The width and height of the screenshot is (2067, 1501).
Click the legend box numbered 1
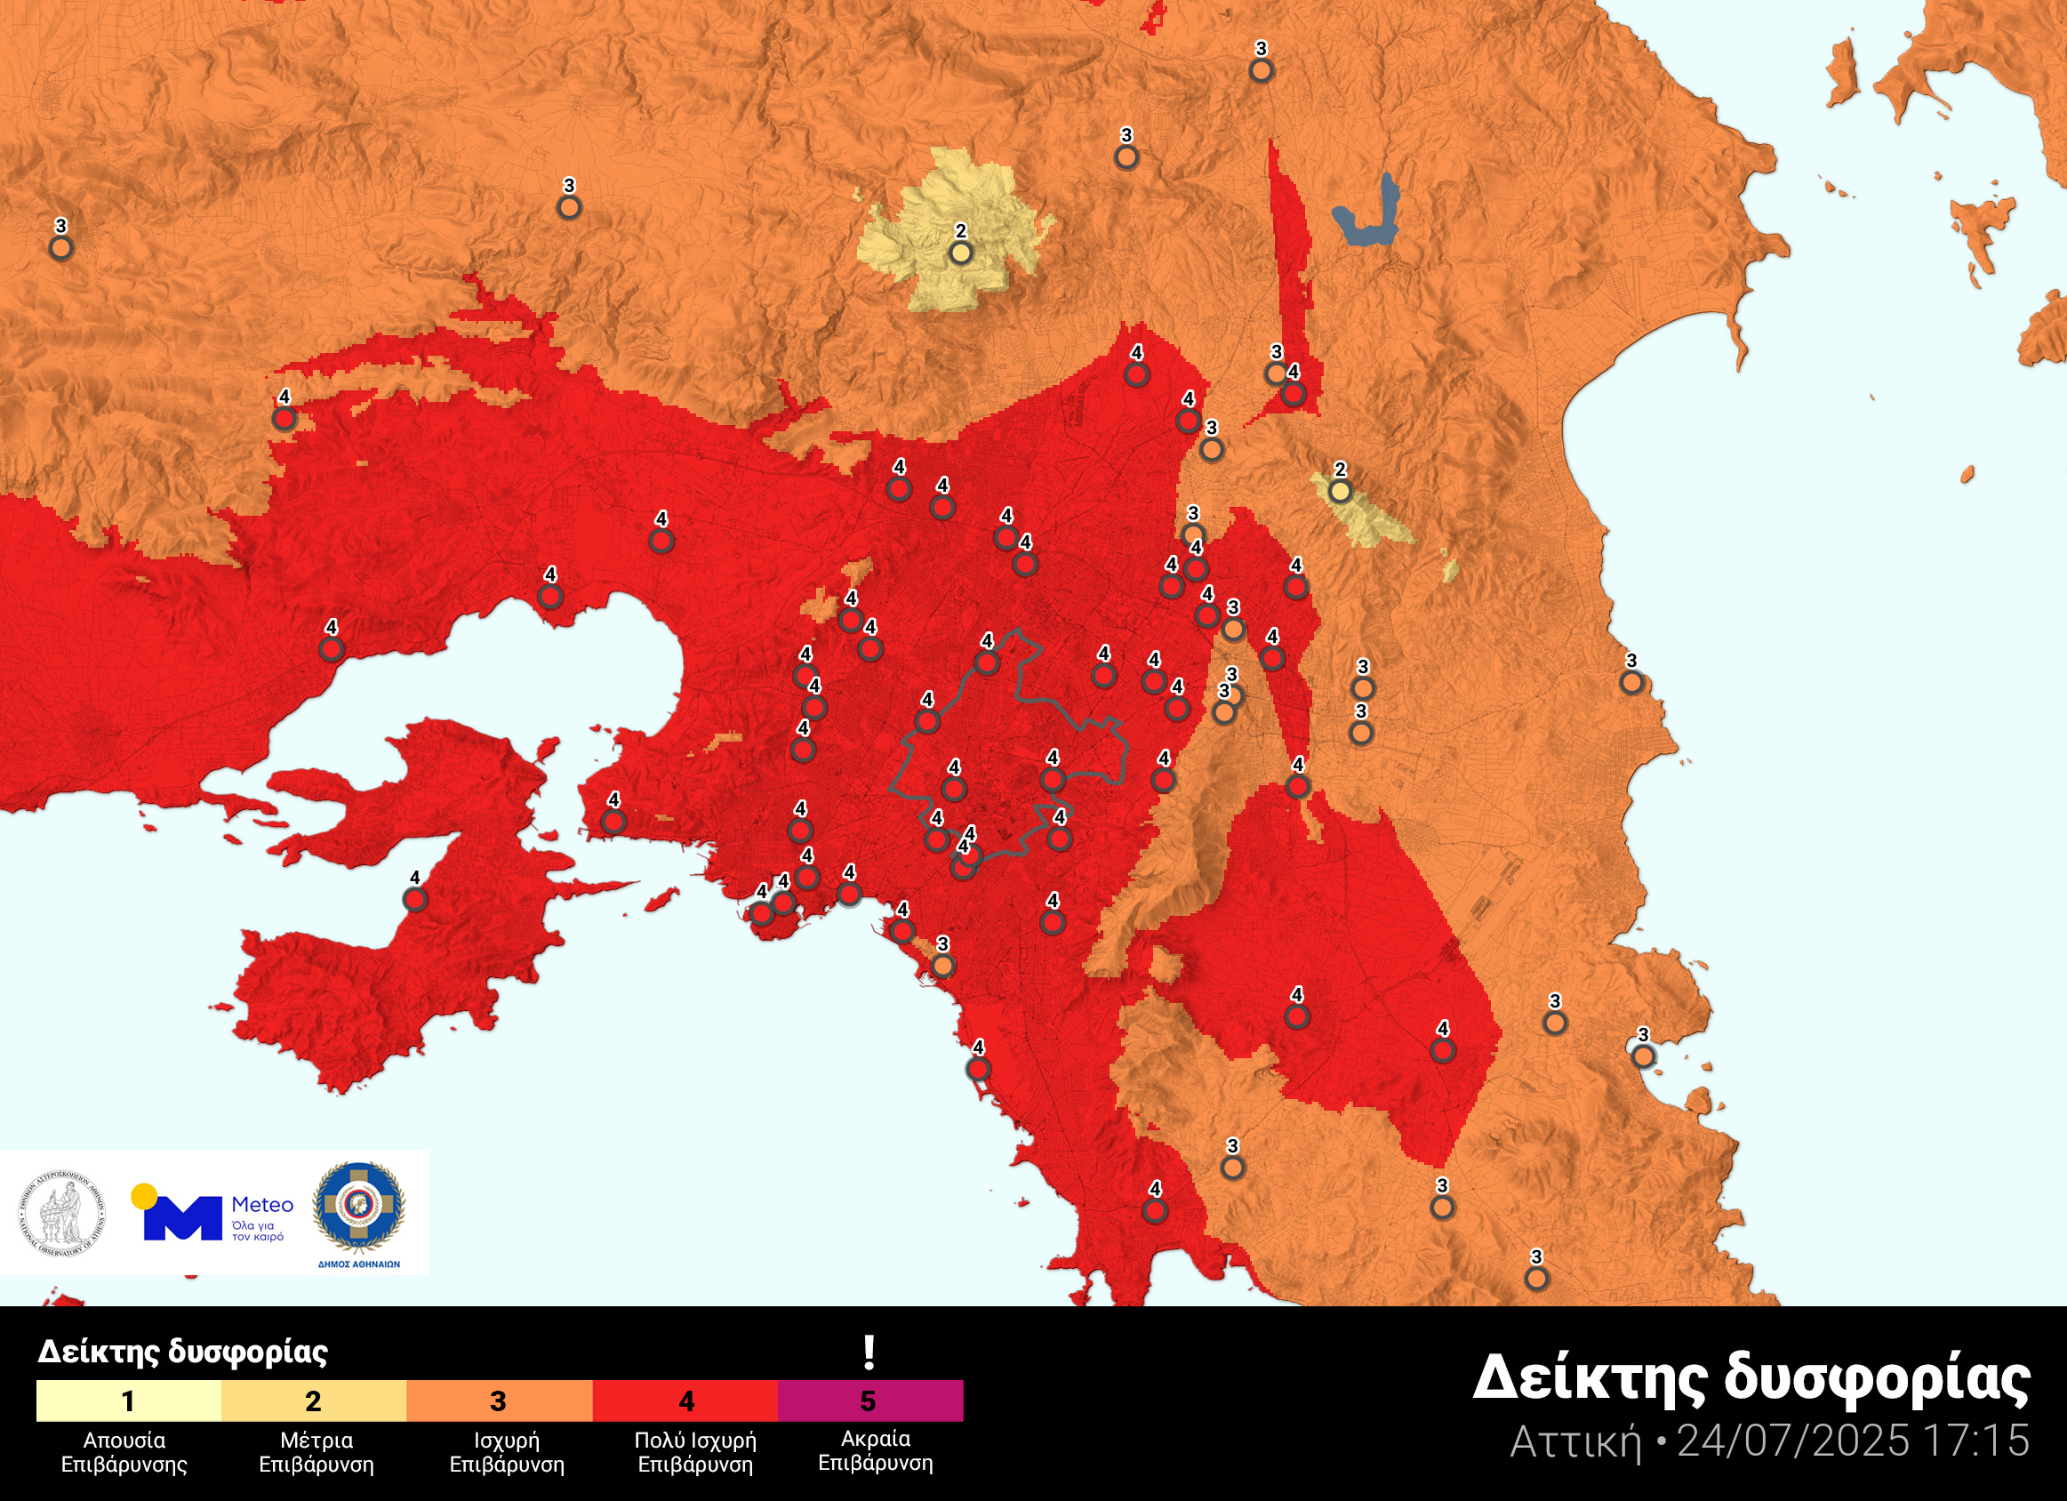129,1401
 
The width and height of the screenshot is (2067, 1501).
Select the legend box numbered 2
314,1401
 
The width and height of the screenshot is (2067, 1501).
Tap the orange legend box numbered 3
499,1401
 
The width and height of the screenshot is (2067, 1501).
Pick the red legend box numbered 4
685,1401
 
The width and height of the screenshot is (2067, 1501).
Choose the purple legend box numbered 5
869,1401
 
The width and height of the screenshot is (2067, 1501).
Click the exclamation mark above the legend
869,1353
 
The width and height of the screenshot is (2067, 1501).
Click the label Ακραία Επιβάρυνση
875,1451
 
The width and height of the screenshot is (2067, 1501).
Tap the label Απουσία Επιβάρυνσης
124,1453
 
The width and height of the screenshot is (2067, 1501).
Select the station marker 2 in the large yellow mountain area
960,253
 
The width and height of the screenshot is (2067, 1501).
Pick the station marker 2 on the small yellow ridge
1340,491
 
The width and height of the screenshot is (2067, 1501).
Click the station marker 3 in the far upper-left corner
61,247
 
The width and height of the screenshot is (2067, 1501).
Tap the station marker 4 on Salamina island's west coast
414,900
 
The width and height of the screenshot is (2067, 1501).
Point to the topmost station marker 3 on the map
1261,70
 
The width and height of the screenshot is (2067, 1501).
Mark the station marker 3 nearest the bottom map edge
1536,1279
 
